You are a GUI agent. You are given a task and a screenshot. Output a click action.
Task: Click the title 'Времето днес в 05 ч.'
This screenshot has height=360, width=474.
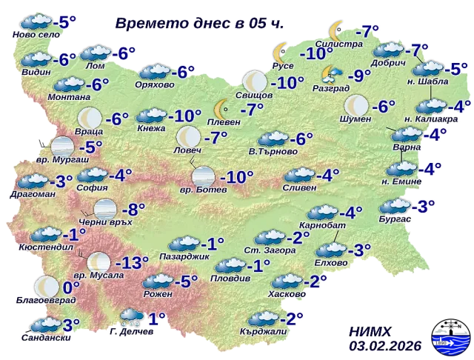[199, 23]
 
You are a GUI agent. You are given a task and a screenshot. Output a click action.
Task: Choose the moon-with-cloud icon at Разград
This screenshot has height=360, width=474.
[330, 74]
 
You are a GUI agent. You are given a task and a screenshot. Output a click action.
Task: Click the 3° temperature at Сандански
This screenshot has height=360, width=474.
[71, 324]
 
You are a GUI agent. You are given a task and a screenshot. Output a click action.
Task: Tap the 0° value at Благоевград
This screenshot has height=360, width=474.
[71, 287]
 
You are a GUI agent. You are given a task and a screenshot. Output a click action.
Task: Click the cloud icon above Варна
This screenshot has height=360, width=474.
[405, 135]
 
